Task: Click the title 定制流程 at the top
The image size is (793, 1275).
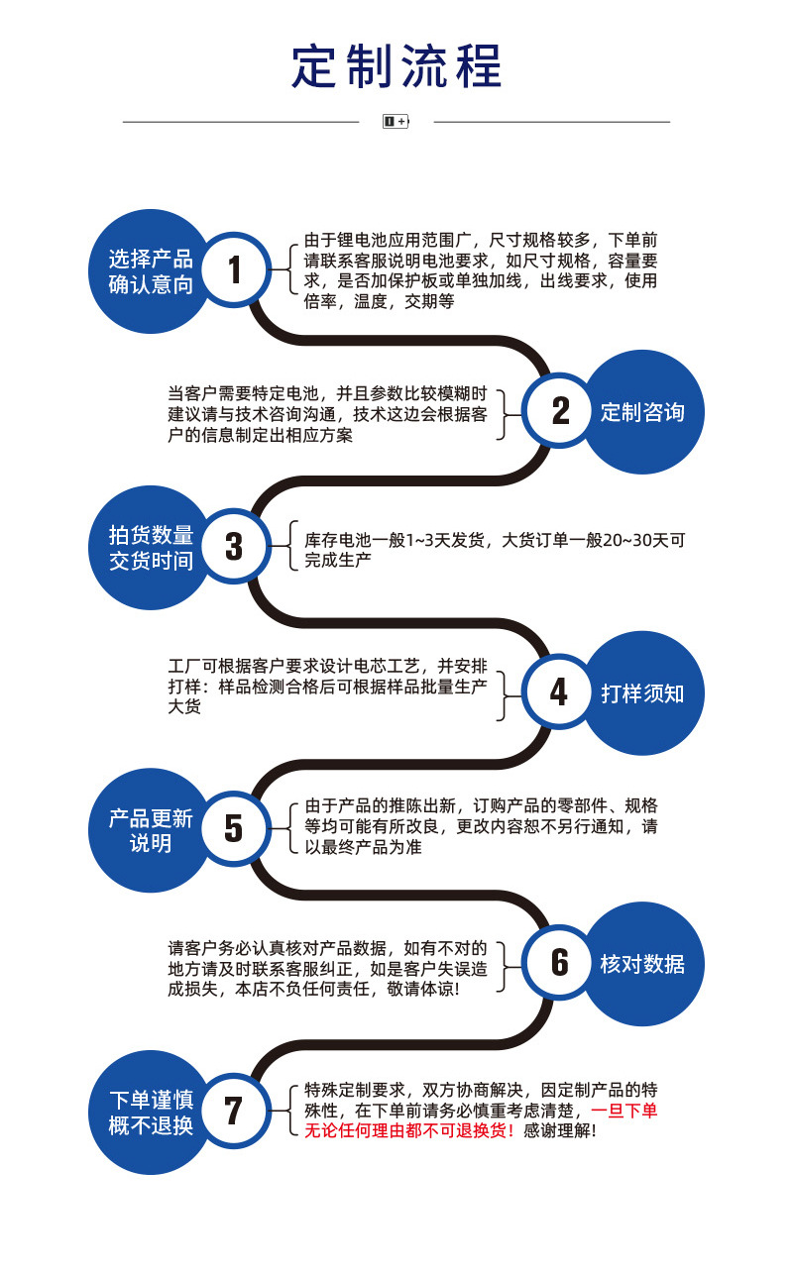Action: tap(396, 66)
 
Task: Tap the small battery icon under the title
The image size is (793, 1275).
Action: tap(396, 122)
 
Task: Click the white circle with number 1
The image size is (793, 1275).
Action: tap(235, 269)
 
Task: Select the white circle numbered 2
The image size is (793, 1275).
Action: tap(560, 410)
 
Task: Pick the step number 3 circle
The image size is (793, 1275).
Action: tap(234, 546)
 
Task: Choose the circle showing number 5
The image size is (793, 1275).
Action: tap(234, 828)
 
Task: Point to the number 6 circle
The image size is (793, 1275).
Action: tap(560, 962)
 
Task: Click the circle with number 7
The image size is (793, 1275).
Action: tap(234, 1110)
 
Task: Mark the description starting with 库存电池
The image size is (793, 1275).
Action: tap(495, 550)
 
